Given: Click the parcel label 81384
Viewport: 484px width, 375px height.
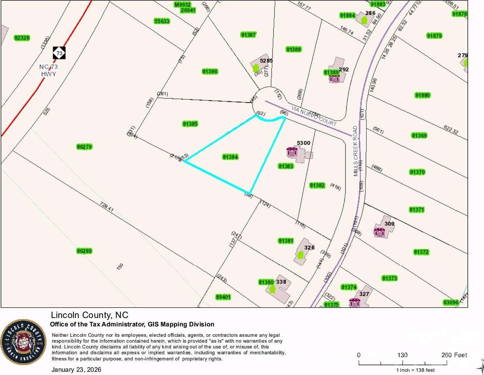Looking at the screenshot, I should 230,157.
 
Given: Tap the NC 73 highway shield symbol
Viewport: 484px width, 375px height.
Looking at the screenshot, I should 59,53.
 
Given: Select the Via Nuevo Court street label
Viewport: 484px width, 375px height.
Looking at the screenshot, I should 314,116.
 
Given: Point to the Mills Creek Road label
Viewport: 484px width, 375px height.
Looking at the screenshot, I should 356,151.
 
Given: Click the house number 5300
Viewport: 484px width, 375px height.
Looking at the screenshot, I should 304,143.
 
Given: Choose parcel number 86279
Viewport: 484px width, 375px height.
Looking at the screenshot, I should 84,147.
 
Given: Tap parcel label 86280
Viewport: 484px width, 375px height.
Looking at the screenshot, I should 84,251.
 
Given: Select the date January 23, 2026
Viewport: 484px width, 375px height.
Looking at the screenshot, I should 76,369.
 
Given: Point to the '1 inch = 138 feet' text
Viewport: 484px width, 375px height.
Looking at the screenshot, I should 416,370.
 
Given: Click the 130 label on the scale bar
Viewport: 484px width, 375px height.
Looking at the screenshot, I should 402,355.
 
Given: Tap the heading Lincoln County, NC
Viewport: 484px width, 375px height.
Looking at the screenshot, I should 89,315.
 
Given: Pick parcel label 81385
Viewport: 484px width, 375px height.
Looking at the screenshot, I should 190,124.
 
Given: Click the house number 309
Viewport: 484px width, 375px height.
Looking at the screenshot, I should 389,223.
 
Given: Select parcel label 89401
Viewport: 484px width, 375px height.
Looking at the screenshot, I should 223,297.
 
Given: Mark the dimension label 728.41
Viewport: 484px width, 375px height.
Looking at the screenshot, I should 107,207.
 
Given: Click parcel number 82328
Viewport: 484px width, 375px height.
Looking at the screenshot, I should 22,38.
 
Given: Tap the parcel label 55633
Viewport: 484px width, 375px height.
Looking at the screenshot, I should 162,21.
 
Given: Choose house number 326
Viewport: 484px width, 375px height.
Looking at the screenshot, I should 309,247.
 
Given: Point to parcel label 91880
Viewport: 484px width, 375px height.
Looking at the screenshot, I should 422,95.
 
